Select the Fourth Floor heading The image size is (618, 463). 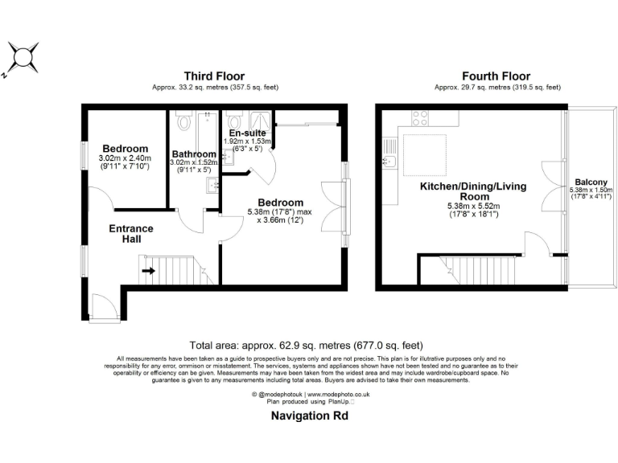[488, 76]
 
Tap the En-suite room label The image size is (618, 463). [248, 133]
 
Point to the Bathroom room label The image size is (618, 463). [194, 154]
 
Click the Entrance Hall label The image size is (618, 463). [131, 234]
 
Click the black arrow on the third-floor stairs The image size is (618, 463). [149, 271]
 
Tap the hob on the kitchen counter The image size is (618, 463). [420, 118]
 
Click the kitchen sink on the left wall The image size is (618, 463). [391, 164]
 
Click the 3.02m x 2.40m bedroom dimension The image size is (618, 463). [124, 158]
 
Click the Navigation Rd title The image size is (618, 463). [308, 416]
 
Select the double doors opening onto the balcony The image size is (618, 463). [550, 186]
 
